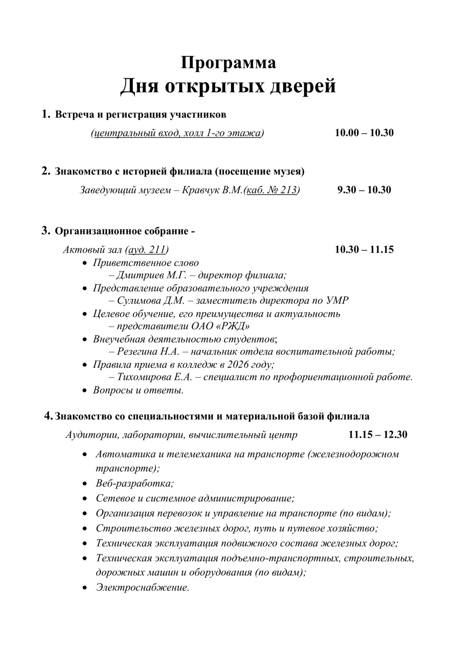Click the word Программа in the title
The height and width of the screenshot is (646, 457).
pyautogui.click(x=228, y=63)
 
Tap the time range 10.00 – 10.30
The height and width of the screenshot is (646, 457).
pyautogui.click(x=364, y=133)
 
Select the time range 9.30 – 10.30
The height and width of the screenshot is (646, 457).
pyautogui.click(x=364, y=190)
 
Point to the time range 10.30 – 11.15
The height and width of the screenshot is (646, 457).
pyautogui.click(x=364, y=250)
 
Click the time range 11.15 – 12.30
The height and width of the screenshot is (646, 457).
pyautogui.click(x=378, y=434)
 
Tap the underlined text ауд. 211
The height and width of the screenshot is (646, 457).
pyautogui.click(x=147, y=250)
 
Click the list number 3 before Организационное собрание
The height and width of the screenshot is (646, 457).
pyautogui.click(x=45, y=231)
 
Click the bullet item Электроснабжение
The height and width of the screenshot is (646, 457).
pyautogui.click(x=143, y=587)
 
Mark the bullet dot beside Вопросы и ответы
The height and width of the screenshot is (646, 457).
pyautogui.click(x=84, y=390)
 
